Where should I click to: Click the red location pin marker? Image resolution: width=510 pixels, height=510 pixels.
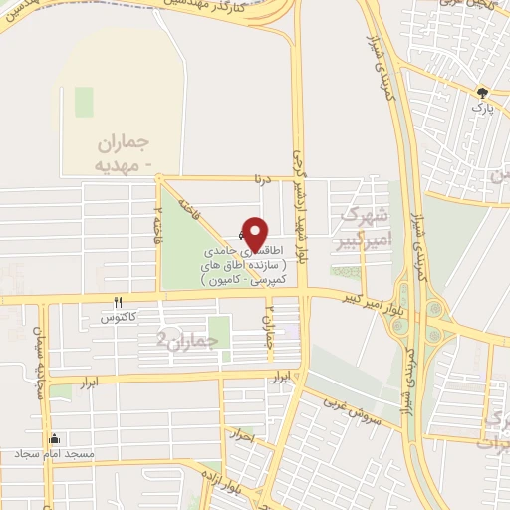[255, 234]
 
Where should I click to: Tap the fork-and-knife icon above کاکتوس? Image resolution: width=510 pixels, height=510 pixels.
[119, 303]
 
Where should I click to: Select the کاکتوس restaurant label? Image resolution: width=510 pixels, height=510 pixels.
[118, 318]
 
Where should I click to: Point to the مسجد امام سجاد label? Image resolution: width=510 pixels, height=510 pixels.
[55, 454]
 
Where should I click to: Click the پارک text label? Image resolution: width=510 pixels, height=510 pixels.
[482, 104]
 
